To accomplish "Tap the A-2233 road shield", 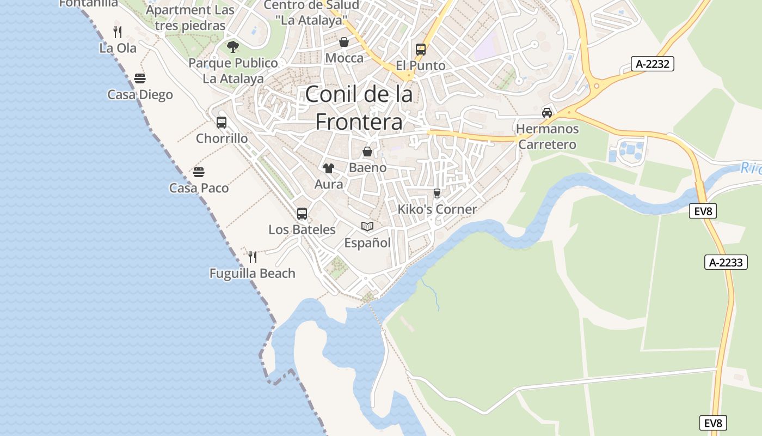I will point(726,262).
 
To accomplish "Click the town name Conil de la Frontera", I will point(359,108).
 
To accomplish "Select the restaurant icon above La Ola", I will point(118,31).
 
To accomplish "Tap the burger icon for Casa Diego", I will point(140,78).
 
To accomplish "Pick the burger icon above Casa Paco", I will point(199,172).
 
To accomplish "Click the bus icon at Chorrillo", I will point(222,123).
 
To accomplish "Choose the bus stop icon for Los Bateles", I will point(302,214).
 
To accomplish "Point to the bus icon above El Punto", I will point(421,50).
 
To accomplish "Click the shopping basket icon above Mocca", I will point(344,42).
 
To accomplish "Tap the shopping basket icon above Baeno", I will point(368,152).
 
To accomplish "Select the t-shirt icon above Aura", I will point(328,168).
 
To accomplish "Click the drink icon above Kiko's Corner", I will point(437,193).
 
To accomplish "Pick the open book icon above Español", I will point(367,227).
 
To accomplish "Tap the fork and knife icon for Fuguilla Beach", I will point(253,257).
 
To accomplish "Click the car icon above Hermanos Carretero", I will point(547,113).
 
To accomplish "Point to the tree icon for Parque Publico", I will point(233,47).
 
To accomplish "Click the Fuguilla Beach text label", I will point(253,273).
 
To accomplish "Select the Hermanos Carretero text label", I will point(547,137).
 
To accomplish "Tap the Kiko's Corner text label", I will point(437,209).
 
